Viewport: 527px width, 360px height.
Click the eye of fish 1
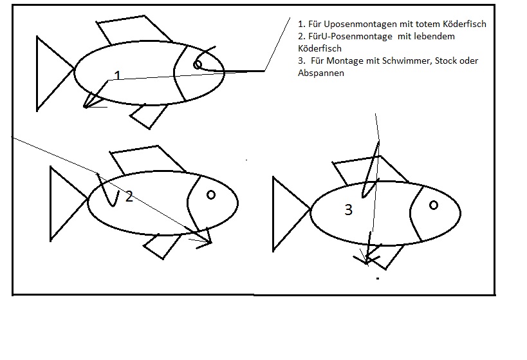click(x=198, y=64)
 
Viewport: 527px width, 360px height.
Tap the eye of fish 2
click(x=211, y=194)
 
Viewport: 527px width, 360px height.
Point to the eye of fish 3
click(x=434, y=205)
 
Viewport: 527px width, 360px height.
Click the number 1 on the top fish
click(x=117, y=75)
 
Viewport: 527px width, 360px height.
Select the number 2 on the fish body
click(x=129, y=197)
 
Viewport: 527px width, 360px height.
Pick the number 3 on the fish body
click(x=349, y=209)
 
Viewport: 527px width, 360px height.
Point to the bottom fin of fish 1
click(x=149, y=117)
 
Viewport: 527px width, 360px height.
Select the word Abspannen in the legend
click(x=321, y=73)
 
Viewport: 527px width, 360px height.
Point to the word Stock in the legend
click(x=445, y=61)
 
